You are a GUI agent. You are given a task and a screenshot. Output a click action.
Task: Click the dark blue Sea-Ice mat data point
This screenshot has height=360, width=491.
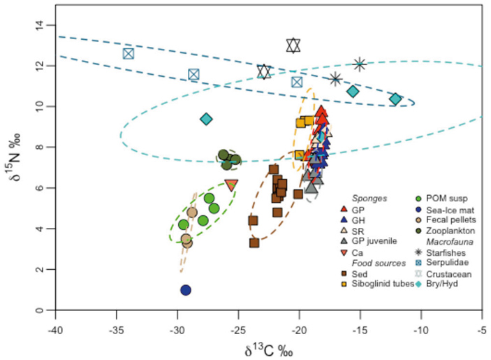(186, 290)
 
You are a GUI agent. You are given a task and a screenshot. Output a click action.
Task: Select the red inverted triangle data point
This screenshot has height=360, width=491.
(231, 185)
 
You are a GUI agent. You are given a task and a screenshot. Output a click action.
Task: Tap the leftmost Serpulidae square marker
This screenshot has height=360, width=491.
(129, 54)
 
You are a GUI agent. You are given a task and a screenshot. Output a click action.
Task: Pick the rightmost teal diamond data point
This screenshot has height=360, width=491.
(396, 99)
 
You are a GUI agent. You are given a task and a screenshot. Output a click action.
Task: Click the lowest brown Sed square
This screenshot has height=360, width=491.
(255, 243)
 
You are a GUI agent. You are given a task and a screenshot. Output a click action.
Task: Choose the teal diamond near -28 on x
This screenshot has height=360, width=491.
(206, 119)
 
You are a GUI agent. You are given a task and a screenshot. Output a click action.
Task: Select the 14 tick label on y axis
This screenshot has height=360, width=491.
(41, 25)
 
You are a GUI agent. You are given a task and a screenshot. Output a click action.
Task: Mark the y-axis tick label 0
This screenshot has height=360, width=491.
(41, 310)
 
